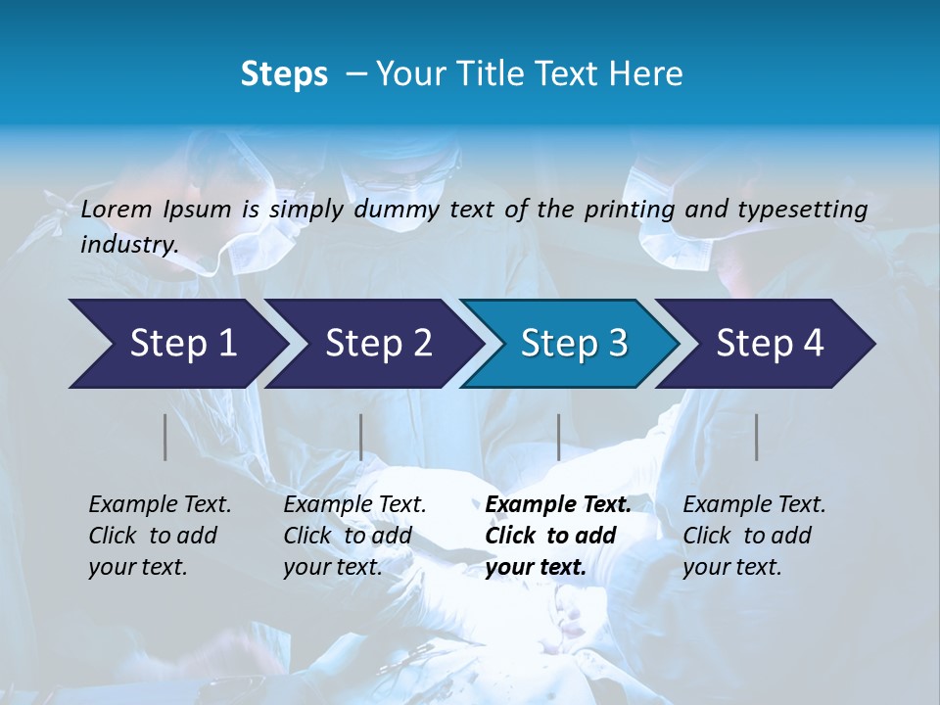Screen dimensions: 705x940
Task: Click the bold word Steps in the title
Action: click(284, 73)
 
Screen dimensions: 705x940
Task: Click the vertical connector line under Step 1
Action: click(165, 437)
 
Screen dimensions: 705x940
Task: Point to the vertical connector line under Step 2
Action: click(361, 437)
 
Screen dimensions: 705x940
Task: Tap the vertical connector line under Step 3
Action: click(558, 437)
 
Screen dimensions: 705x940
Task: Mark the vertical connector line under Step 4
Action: click(756, 437)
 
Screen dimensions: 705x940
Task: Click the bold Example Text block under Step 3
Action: click(558, 536)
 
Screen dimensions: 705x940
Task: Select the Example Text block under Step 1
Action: click(160, 536)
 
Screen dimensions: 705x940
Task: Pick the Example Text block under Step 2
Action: click(354, 536)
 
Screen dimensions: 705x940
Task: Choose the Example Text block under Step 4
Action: click(754, 536)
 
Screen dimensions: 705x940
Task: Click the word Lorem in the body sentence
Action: click(116, 209)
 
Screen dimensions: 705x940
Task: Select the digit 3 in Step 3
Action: click(616, 344)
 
